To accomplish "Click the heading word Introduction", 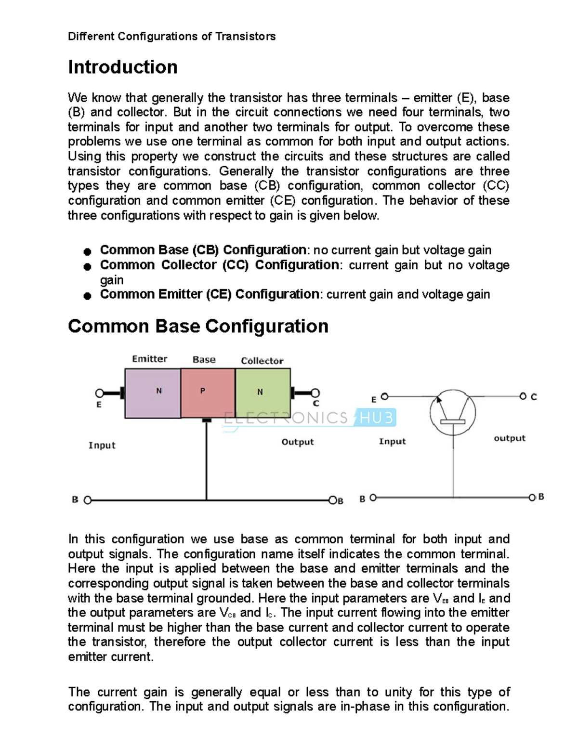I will [x=123, y=67].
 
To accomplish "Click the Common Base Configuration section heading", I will [x=198, y=326].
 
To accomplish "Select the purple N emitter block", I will [x=153, y=393].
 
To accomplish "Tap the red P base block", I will [x=208, y=393].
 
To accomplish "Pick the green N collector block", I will [x=263, y=393].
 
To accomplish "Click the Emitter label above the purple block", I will [x=149, y=359].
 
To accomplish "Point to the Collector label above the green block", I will [x=262, y=361].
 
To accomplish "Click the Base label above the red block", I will [x=204, y=360].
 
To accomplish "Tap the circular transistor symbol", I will [x=453, y=413].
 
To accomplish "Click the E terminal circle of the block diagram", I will [x=100, y=394].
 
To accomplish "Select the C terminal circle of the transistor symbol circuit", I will [x=523, y=396].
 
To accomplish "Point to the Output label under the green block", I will [x=297, y=442].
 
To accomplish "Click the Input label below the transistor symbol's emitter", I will [x=392, y=442].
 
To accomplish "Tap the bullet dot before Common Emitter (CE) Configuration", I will [x=87, y=296].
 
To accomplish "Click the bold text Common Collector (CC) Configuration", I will [x=219, y=265].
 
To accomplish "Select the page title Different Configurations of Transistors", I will [x=171, y=37].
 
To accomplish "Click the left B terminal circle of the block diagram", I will [x=88, y=500].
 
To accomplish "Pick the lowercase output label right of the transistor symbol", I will [x=509, y=438].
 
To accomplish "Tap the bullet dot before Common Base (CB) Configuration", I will [x=87, y=251].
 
